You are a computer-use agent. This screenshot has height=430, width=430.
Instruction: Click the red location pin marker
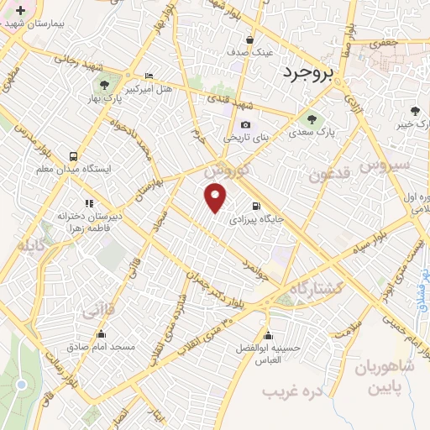216,198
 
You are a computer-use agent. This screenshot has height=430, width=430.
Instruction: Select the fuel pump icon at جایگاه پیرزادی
255,205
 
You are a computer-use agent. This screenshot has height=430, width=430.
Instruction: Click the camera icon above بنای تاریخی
245,125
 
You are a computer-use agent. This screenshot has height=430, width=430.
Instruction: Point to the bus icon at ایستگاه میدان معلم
74,156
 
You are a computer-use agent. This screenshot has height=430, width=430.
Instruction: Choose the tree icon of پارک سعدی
312,118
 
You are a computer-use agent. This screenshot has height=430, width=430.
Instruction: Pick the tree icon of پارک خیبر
415,111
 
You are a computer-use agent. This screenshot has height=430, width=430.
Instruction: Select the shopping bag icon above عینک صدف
250,39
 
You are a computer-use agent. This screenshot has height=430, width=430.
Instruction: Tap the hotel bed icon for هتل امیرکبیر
149,76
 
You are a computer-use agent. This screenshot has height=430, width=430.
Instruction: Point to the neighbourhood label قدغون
327,176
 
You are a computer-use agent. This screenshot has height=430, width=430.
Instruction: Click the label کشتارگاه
315,288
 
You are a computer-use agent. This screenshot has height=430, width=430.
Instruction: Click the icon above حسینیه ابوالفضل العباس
267,333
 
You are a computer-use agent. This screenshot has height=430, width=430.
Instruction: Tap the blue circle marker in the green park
21,385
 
